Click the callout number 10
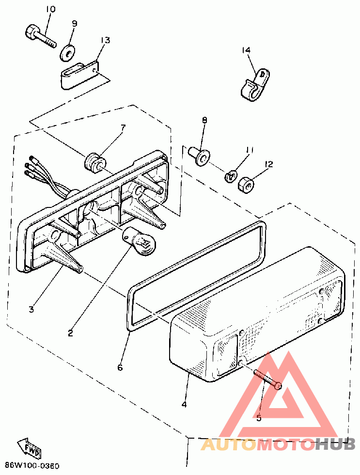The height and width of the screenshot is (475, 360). pos(51,9)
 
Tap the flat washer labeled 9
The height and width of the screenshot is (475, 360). pos(69,51)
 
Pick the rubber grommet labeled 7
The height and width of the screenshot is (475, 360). pos(94,162)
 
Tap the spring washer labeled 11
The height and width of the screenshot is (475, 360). pos(232,174)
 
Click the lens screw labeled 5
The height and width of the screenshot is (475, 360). pos(267,379)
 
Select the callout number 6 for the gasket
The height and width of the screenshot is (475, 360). pos(120,367)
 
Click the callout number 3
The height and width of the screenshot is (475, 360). pos(31,309)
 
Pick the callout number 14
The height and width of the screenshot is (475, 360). pos(247,50)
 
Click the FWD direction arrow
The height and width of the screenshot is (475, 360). pos(30,447)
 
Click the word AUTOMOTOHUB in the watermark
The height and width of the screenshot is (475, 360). pos(278,443)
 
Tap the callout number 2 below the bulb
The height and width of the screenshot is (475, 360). pos(70,333)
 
